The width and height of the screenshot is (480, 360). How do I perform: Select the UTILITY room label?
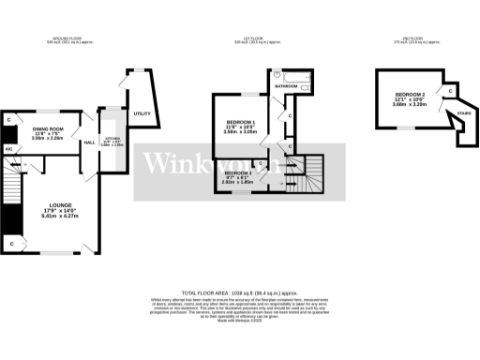pos(142,113)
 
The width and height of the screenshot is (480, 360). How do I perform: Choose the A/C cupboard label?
pos(8,149)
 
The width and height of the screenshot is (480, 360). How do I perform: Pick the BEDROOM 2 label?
pos(410,95)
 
